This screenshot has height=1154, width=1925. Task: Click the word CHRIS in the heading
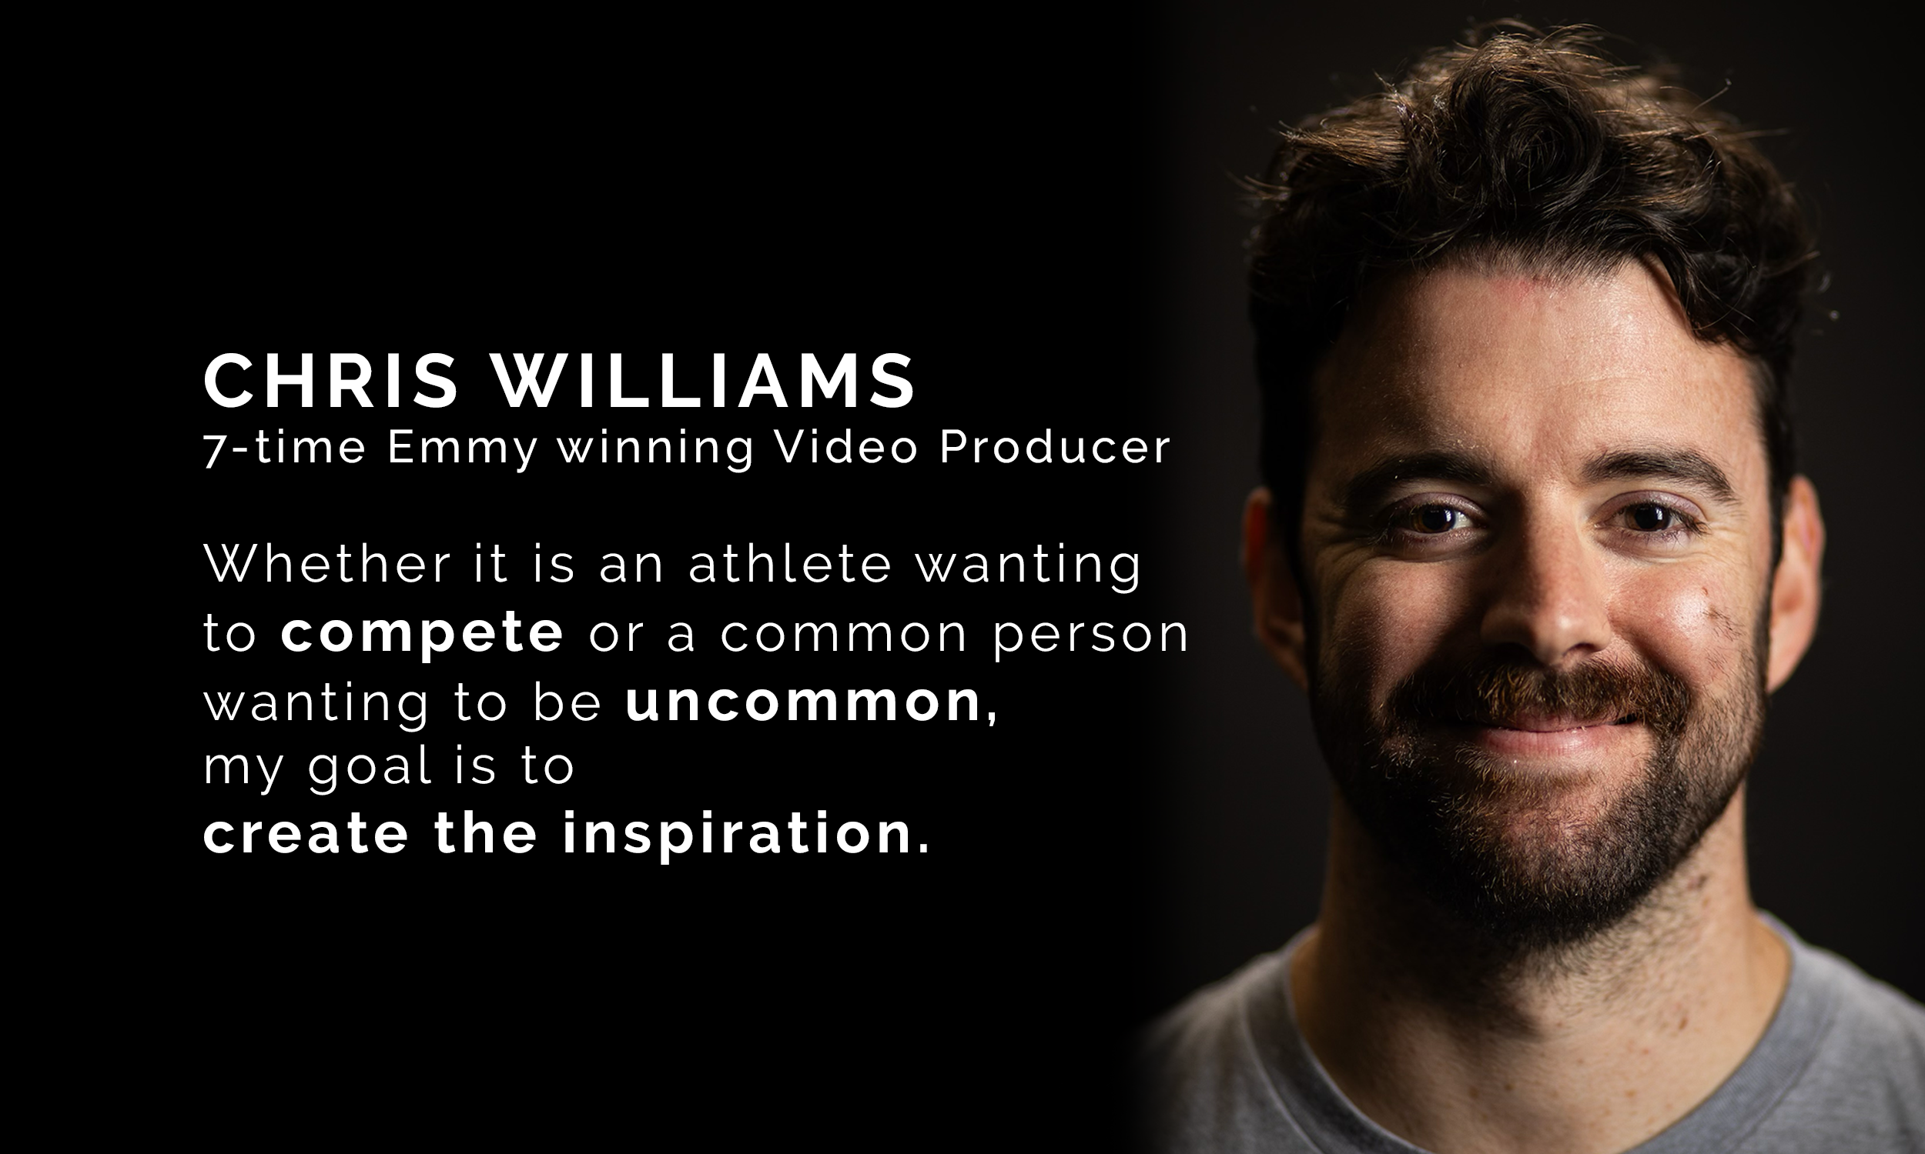330,381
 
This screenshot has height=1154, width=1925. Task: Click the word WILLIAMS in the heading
705,381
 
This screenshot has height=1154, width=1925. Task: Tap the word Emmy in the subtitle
462,448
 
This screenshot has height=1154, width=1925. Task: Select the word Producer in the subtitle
1054,448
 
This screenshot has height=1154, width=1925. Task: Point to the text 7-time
284,448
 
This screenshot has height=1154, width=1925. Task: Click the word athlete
790,564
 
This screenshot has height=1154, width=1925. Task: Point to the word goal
370,768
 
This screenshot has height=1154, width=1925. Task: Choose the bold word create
306,833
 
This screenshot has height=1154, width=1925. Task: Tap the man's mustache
1537,692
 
